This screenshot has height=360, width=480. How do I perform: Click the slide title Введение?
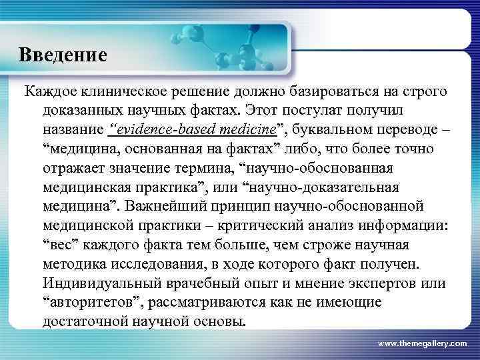pyautogui.click(x=63, y=54)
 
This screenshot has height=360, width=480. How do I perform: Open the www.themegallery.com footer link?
pyautogui.click(x=422, y=343)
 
